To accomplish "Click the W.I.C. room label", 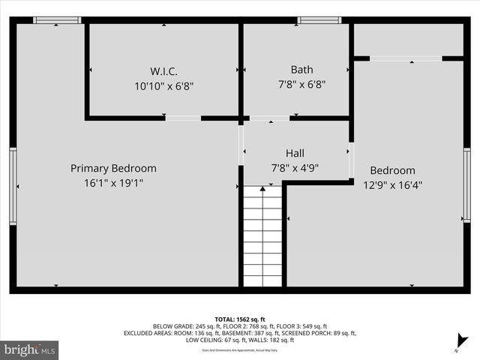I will [163, 71].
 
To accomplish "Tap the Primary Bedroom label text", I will [113, 168].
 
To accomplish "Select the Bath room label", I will [301, 70].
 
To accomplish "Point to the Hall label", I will [295, 153].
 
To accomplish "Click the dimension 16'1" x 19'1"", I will [113, 182].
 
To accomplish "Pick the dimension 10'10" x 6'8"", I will [163, 85].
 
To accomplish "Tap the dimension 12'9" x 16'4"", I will [392, 184].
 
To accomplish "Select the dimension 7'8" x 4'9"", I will [295, 168].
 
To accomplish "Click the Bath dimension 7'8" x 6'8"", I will [301, 85].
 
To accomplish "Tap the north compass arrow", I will [463, 341].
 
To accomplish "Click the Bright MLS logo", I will [30, 349].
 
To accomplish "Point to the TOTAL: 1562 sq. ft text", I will [239, 319].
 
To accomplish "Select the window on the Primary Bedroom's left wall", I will [13, 184].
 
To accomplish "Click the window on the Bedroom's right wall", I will [466, 184].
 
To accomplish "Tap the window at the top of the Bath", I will [319, 20].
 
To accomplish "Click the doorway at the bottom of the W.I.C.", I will [183, 118].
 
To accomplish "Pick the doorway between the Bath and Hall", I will [269, 118].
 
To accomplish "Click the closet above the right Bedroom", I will [409, 39].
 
